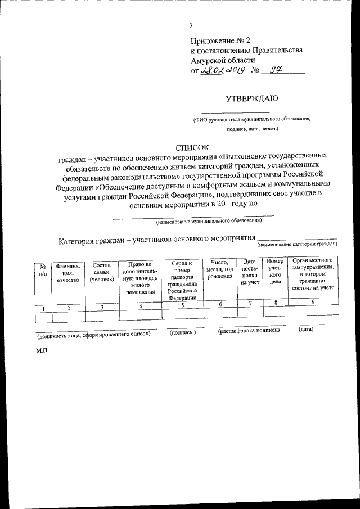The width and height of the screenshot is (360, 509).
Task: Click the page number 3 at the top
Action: (x=191, y=25)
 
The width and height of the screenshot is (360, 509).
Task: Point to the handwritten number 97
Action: (x=276, y=71)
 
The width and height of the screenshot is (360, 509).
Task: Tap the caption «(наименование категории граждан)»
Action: (x=297, y=245)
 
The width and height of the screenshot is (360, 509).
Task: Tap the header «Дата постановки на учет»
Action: (x=249, y=272)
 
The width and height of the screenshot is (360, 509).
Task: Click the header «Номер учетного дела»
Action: (x=274, y=272)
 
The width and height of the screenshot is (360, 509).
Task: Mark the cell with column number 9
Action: (x=313, y=302)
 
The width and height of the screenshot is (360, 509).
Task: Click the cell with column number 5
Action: (x=183, y=304)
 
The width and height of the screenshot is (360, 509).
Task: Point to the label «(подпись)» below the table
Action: (x=183, y=333)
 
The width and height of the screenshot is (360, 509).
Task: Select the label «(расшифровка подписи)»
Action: (x=249, y=332)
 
